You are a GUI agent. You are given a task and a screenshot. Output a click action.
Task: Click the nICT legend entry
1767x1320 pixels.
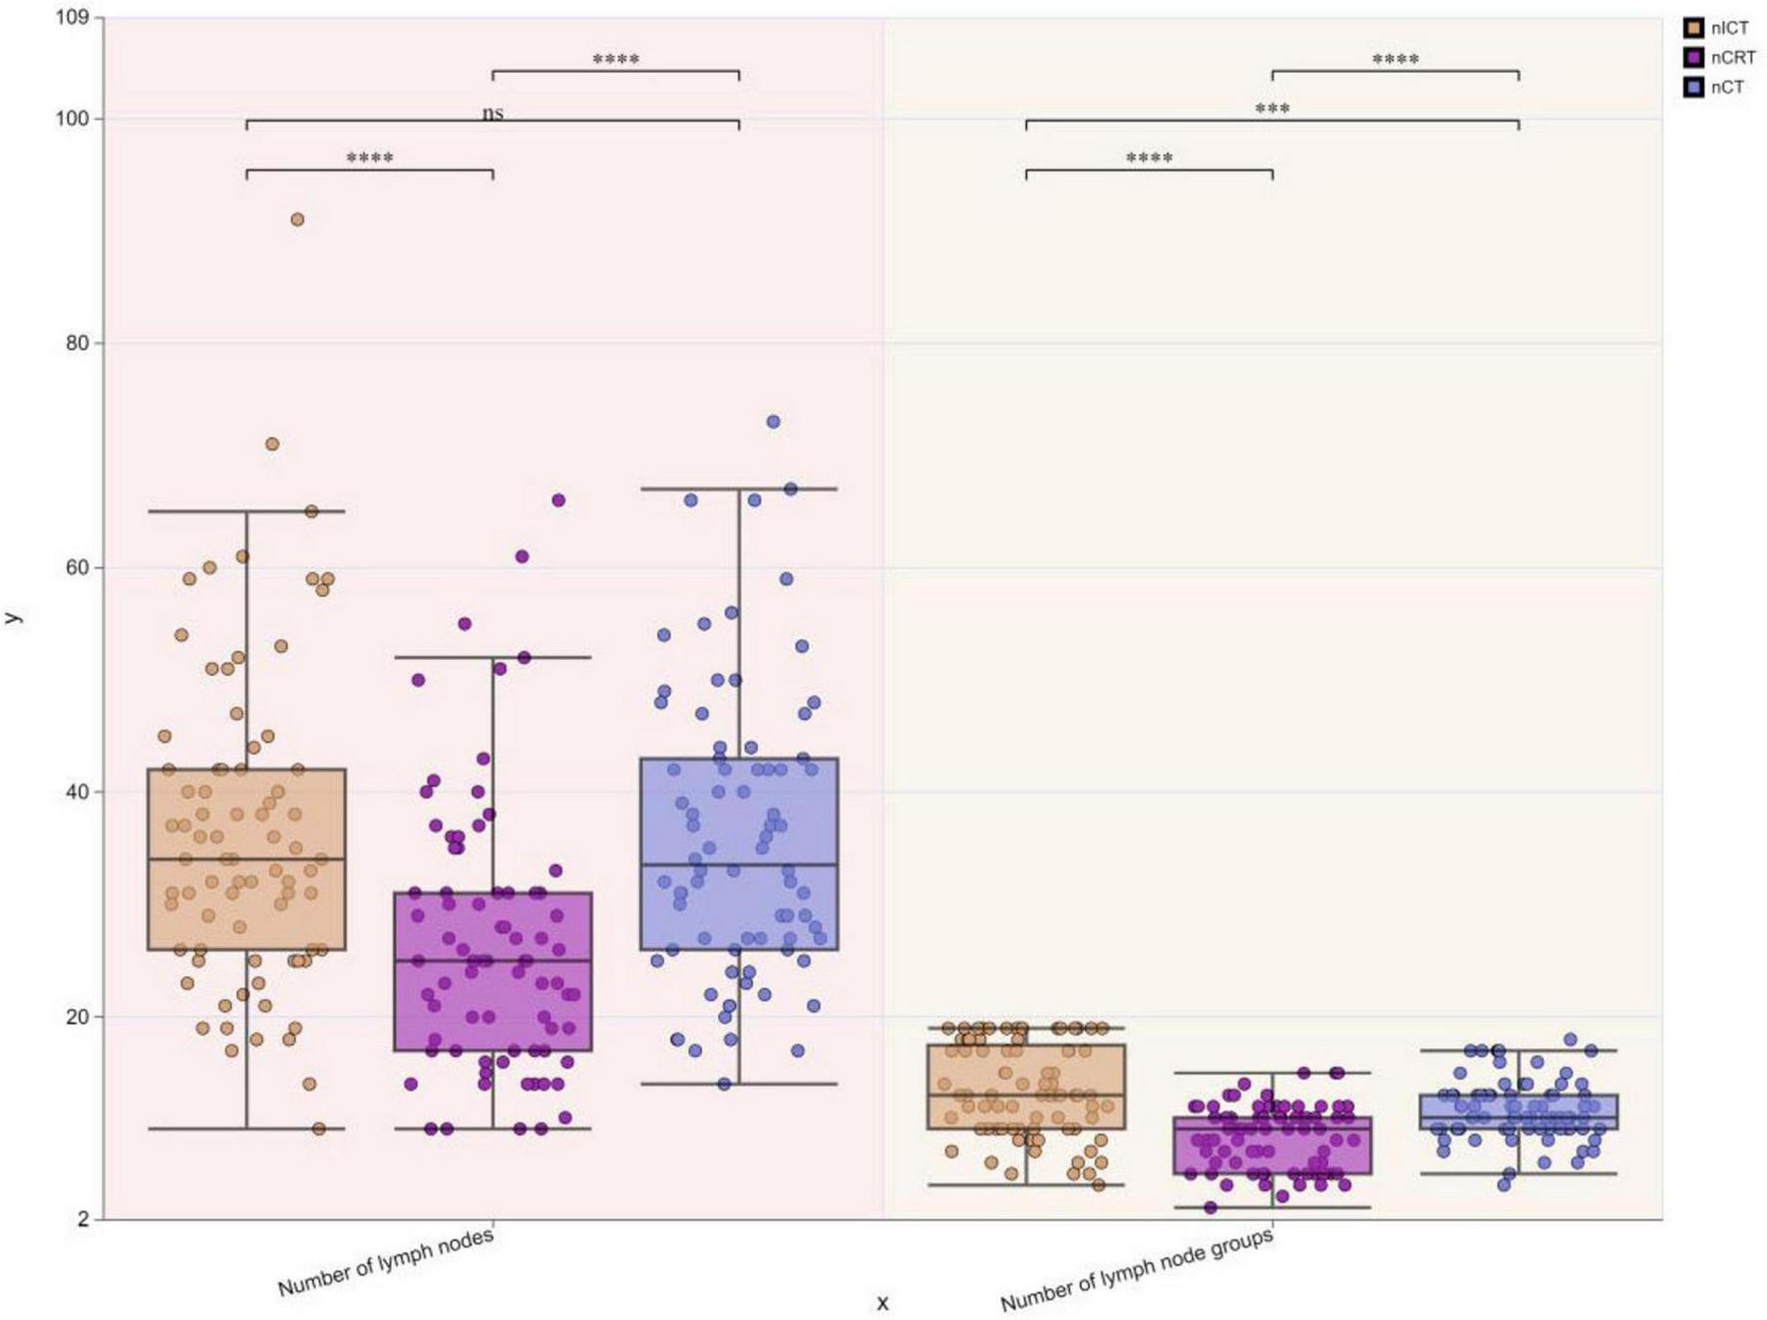pos(1717,28)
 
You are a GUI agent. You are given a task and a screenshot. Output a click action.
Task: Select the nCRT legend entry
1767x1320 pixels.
pos(1720,58)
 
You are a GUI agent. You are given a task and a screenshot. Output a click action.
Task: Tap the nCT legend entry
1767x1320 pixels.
pos(1715,88)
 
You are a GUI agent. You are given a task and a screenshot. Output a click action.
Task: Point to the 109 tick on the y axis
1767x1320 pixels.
pos(73,17)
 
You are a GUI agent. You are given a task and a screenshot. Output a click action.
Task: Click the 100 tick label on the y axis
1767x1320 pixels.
pos(73,119)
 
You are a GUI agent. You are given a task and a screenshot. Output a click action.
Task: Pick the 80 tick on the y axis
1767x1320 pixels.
pos(78,343)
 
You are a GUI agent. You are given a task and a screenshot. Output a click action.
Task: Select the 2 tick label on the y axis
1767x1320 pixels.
pos(84,1219)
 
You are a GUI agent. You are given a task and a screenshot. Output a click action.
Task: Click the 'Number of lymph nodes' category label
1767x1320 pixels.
pos(386,1263)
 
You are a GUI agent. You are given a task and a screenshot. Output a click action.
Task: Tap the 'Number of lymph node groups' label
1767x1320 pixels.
pos(1137,1270)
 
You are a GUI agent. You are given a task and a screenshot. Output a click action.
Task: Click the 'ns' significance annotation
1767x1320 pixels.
pos(493,113)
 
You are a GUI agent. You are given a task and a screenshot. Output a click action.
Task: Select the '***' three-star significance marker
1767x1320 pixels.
pos(1272,108)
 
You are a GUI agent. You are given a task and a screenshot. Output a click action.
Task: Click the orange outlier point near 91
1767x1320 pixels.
pos(297,219)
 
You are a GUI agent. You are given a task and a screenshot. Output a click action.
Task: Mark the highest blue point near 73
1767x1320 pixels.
pos(773,422)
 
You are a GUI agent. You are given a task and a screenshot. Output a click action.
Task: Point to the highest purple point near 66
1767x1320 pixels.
pos(558,500)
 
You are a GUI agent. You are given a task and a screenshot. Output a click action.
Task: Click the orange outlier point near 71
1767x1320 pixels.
pos(272,444)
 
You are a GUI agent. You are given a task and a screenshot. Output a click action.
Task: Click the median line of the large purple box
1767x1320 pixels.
pos(493,961)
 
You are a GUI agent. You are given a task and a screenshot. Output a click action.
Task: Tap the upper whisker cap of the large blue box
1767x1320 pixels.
pos(739,490)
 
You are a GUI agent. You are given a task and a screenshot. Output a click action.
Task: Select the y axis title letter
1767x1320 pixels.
pos(13,618)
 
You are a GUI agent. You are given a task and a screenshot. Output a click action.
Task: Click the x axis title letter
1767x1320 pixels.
pos(883,1303)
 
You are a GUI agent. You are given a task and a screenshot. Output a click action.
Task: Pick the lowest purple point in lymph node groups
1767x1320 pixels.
pos(1211,1207)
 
